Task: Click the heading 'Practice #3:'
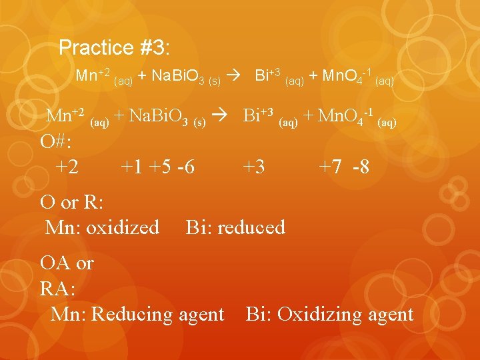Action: click(x=114, y=47)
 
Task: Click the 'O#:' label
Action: click(x=57, y=141)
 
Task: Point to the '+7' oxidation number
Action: click(x=331, y=167)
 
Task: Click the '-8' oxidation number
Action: click(x=360, y=167)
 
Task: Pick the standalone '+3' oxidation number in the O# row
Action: click(x=253, y=167)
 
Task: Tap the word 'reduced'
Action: click(x=251, y=227)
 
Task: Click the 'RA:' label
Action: click(x=58, y=289)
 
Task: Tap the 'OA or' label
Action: click(x=67, y=263)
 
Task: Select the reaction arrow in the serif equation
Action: click(x=220, y=116)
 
